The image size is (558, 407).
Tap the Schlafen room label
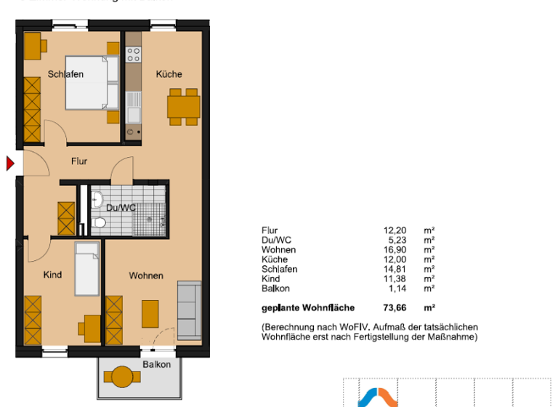click(66, 74)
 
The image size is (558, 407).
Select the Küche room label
click(169, 74)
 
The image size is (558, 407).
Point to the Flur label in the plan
click(78, 161)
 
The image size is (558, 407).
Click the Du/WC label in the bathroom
click(121, 208)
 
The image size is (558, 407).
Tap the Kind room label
click(52, 275)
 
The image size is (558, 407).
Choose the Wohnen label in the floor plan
click(146, 275)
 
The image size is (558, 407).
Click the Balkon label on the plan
click(156, 364)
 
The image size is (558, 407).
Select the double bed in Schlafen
click(92, 82)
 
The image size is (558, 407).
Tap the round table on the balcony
click(121, 377)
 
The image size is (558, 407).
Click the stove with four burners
click(133, 54)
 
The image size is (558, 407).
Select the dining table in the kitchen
click(183, 106)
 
